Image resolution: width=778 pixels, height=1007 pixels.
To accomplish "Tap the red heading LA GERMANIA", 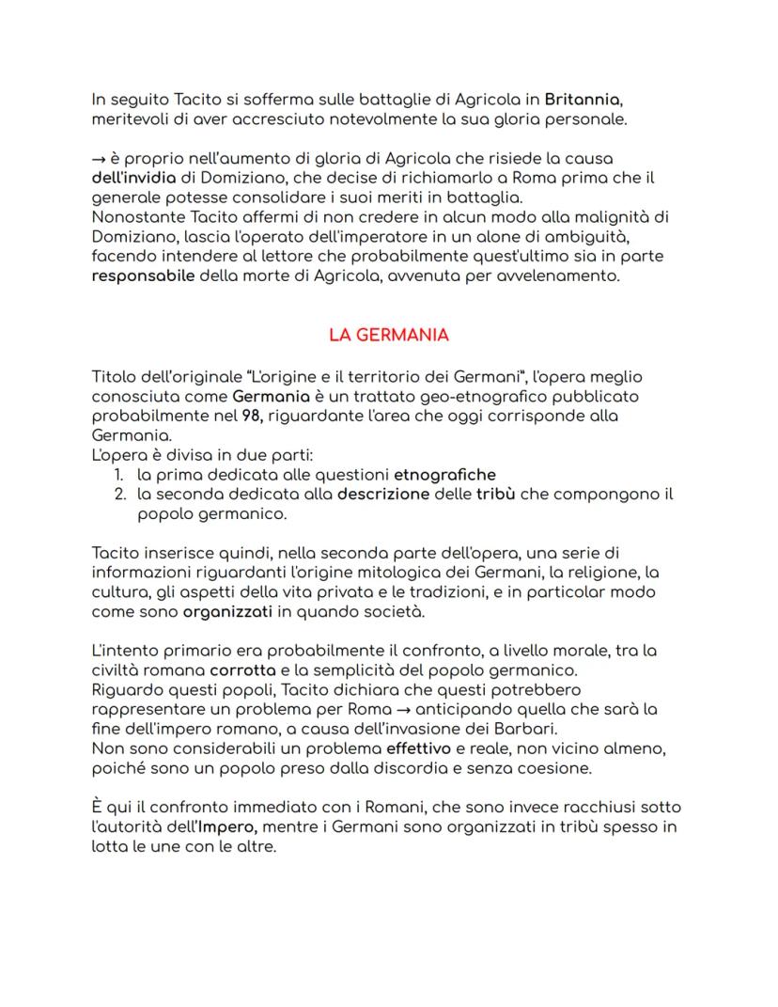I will [x=389, y=335].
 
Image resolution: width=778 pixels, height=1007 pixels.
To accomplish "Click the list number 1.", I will [x=119, y=475].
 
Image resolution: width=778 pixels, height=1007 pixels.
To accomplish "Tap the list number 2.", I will [x=120, y=495].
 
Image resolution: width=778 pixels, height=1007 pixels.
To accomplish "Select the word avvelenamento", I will [x=559, y=278].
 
